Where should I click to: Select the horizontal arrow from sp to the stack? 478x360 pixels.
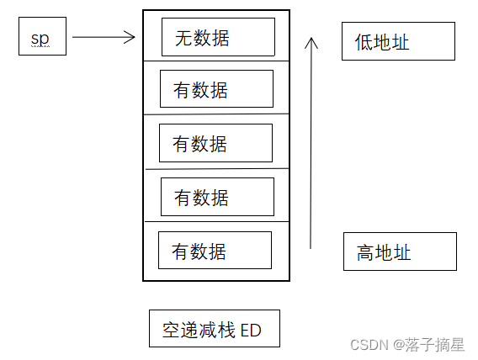101,37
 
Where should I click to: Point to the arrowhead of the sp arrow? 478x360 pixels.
131,37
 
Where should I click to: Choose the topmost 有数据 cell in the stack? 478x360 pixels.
216,89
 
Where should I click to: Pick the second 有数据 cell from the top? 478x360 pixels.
215,143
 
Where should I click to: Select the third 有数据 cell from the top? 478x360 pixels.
217,197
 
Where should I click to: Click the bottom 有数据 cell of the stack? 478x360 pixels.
215,251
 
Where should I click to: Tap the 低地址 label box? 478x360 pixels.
398,41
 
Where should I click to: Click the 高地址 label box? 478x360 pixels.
400,251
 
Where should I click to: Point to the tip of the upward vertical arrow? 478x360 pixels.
311,37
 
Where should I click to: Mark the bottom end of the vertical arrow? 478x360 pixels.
311,247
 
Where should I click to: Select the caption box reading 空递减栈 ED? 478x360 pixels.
214,330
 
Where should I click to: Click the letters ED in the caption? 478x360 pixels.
250,331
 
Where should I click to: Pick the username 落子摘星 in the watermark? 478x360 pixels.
435,344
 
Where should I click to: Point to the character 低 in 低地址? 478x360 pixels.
364,42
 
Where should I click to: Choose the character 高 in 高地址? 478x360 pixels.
366,252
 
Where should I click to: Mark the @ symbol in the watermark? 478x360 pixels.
401,344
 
